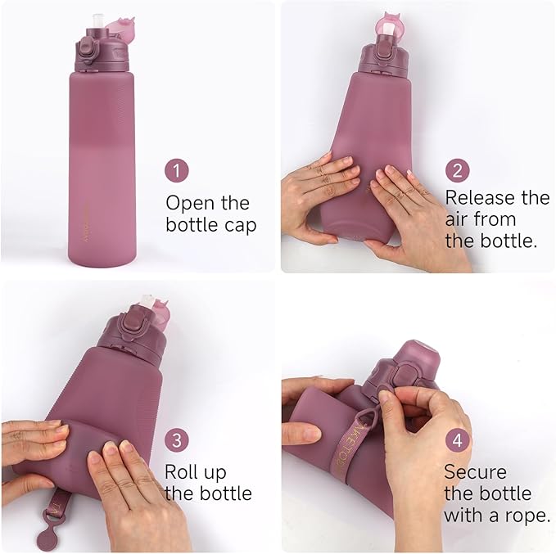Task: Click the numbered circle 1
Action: pyautogui.click(x=178, y=172)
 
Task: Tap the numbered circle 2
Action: pyautogui.click(x=458, y=170)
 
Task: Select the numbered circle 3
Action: pyautogui.click(x=177, y=440)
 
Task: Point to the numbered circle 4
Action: pyautogui.click(x=457, y=441)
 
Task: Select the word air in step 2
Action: pyautogui.click(x=460, y=219)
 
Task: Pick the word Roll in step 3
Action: pyautogui.click(x=183, y=472)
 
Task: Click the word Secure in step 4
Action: pyautogui.click(x=475, y=472)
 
